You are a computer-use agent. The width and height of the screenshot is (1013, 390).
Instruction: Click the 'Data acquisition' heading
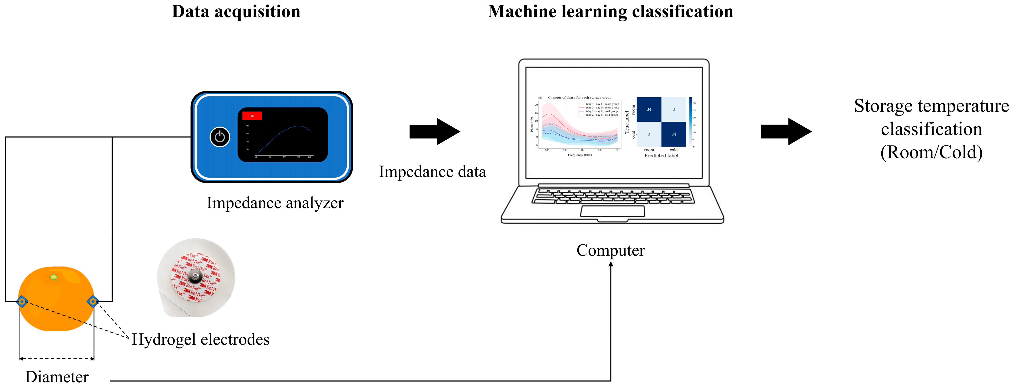click(236, 12)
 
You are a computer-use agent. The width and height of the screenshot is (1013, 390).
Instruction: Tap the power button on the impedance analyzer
click(220, 137)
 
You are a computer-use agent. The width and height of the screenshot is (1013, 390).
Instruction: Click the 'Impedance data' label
click(432, 172)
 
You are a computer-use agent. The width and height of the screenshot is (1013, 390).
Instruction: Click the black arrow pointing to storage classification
click(786, 131)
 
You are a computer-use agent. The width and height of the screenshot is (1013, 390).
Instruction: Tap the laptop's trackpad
click(612, 211)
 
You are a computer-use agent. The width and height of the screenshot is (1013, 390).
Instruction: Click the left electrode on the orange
click(22, 301)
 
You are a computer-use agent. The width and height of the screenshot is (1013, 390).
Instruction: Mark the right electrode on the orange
click(93, 301)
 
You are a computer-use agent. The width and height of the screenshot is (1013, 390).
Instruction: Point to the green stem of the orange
click(53, 277)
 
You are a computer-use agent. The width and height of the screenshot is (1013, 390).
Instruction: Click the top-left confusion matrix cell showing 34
click(649, 109)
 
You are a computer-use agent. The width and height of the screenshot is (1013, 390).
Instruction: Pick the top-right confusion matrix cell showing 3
click(674, 109)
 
